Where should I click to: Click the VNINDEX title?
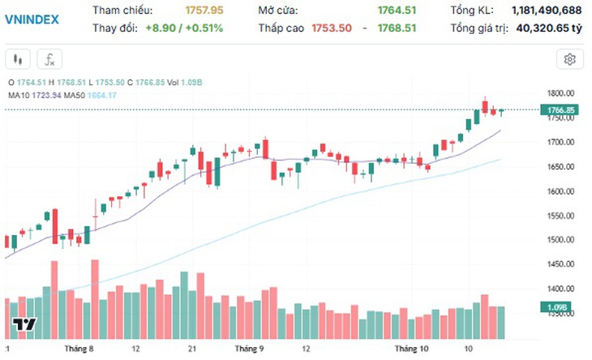(32, 19)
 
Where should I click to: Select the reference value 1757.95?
(204, 11)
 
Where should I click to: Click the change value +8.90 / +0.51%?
(184, 28)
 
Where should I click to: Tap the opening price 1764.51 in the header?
(397, 11)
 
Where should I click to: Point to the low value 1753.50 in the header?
(332, 28)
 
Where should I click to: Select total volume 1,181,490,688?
(547, 11)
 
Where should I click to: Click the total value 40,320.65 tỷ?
(549, 28)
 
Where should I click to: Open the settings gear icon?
(570, 59)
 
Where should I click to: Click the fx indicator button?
(49, 59)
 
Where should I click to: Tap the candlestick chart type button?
(18, 59)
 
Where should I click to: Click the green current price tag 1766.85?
(560, 110)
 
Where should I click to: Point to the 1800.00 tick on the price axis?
(560, 93)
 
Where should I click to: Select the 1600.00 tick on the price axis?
(560, 191)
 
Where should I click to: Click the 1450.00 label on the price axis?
(560, 264)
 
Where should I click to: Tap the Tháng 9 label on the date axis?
(249, 349)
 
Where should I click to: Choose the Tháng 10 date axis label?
(411, 349)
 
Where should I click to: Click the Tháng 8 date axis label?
(79, 349)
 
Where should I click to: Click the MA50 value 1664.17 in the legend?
(102, 96)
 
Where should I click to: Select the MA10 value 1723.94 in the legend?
(46, 96)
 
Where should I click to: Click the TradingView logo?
(24, 324)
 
